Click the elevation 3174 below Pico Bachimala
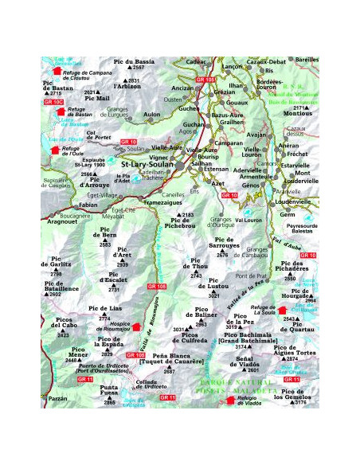click(241, 347)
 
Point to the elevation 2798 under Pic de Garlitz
click(57, 274)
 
